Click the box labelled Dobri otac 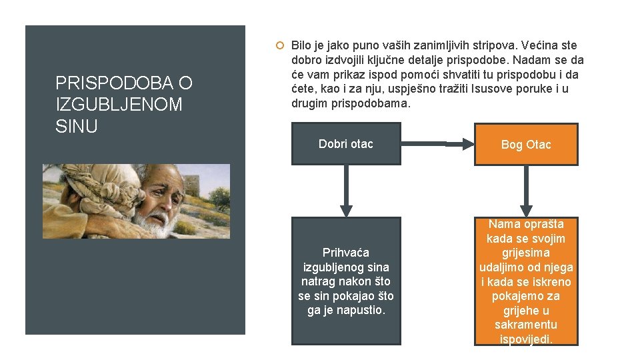point(346,143)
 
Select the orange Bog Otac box point(526,144)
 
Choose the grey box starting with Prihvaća point(346,281)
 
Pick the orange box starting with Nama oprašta point(526,281)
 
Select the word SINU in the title point(77,127)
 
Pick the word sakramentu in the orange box point(526,325)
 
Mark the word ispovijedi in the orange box point(526,339)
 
